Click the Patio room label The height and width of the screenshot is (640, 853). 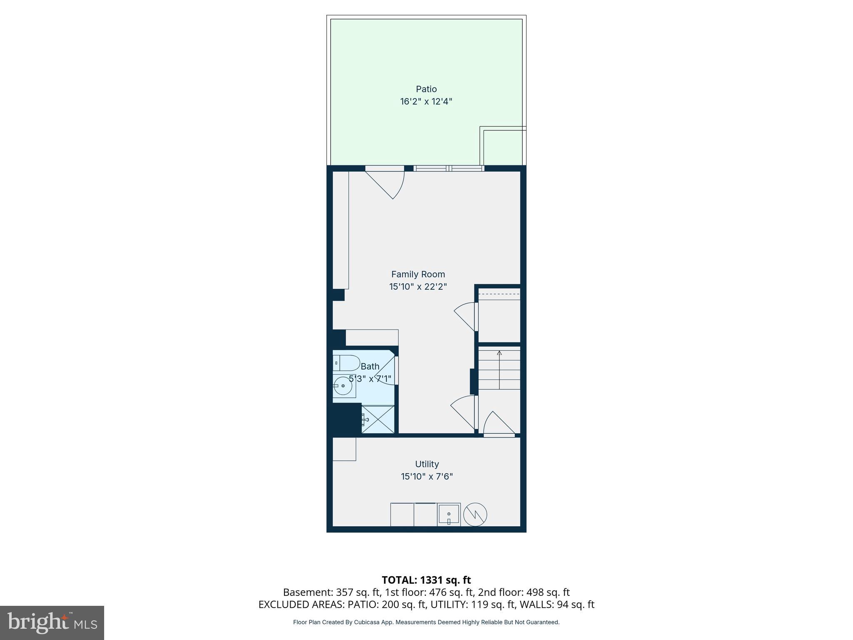point(426,89)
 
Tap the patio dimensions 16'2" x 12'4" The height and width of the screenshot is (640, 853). point(426,102)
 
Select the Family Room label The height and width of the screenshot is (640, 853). point(418,274)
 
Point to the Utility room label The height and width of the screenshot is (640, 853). point(427,464)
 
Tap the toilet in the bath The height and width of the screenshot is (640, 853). point(347,363)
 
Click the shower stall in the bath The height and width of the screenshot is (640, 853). point(378,419)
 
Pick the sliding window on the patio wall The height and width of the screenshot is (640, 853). point(449,168)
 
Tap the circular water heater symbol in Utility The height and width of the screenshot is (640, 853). point(475,515)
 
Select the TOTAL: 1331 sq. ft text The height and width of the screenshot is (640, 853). point(426,580)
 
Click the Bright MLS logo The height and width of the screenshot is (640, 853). point(52,623)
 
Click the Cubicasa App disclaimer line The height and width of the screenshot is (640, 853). point(426,622)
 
